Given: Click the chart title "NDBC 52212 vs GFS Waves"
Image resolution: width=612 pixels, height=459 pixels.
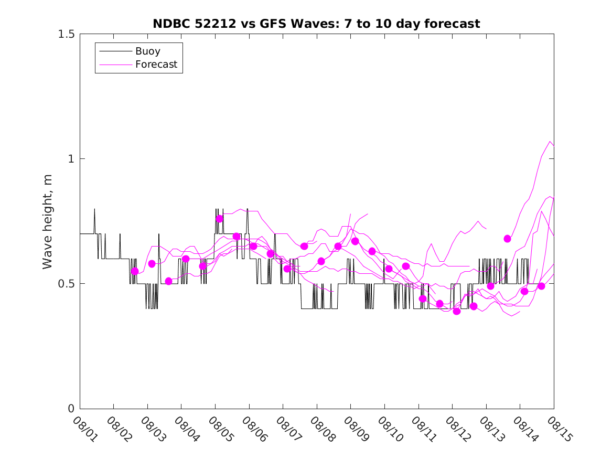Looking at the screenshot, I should tap(316, 24).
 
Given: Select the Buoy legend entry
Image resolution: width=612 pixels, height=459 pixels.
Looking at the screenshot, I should tap(148, 51).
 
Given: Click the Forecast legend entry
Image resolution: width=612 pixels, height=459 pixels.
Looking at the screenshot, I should tap(156, 65).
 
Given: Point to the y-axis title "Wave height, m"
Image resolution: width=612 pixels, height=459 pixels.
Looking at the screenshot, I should tap(48, 221).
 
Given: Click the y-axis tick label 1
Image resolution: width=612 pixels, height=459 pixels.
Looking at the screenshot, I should tap(70, 159).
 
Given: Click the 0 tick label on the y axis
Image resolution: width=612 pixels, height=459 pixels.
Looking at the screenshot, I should tap(70, 409).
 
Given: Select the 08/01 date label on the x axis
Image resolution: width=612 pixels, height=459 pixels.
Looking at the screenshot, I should tap(83, 429).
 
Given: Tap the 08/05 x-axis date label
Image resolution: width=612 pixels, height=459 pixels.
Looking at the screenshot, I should tap(219, 429).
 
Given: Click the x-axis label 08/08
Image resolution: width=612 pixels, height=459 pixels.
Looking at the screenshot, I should tap(320, 429).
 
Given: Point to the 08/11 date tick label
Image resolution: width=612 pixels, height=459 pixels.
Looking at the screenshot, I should tap(422, 429).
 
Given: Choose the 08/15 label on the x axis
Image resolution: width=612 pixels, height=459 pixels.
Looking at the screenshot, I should tap(557, 429).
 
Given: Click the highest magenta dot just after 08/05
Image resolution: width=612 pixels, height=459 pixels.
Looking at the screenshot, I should tap(219, 219).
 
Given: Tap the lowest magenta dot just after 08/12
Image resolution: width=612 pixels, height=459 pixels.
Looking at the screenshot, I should tap(456, 311).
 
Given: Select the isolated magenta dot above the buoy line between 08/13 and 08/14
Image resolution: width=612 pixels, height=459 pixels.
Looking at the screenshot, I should tap(507, 239).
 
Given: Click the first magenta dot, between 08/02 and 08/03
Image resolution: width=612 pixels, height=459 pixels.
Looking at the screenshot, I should tap(135, 271).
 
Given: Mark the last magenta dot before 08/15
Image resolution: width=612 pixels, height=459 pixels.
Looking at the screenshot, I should tap(541, 286).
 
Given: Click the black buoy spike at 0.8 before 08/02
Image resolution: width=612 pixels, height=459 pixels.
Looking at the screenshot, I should tap(94, 209).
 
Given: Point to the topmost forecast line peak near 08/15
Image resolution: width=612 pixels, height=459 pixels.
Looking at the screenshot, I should tap(550, 142).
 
